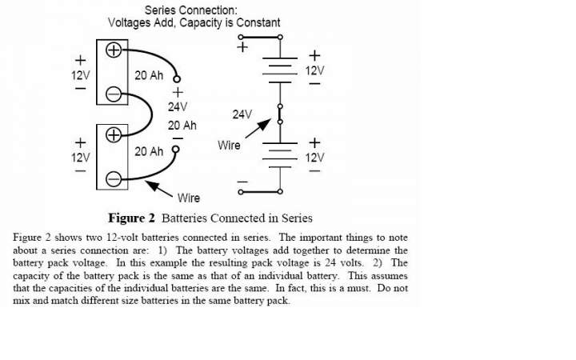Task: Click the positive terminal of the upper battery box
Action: (114, 50)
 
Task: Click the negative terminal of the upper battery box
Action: (114, 94)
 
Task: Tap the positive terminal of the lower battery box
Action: (114, 135)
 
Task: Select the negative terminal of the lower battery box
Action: (114, 179)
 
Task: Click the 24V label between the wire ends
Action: (178, 107)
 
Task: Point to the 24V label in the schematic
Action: (242, 114)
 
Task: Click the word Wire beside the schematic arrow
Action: (229, 145)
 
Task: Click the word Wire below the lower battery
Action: (189, 198)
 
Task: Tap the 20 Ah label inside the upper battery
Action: (149, 75)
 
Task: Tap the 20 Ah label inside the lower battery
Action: (149, 151)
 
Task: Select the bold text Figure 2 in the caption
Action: (131, 218)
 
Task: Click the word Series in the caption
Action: (297, 218)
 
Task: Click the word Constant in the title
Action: (258, 22)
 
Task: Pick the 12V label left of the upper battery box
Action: (81, 75)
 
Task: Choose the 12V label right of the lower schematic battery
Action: (315, 158)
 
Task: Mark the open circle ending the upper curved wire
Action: (177, 78)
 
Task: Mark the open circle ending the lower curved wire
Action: (176, 149)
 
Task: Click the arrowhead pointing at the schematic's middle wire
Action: (265, 125)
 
